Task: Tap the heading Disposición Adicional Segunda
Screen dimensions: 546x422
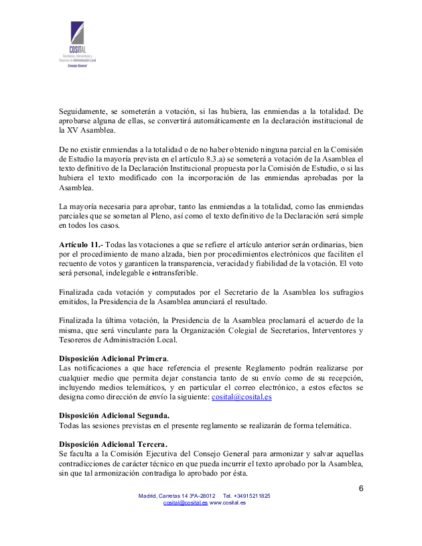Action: [x=114, y=415]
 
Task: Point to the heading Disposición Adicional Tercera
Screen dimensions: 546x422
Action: [x=113, y=443]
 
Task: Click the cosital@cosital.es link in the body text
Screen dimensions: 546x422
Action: [x=241, y=397]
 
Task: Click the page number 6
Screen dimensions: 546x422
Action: [x=360, y=487]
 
